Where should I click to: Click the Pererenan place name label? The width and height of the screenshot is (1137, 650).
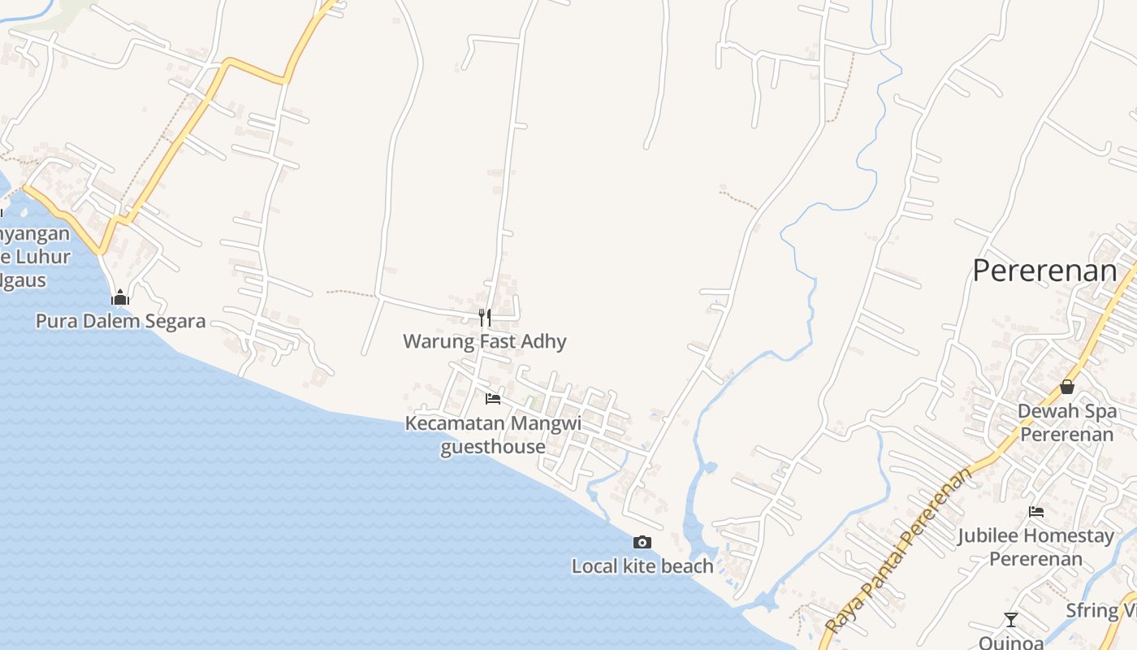(1044, 271)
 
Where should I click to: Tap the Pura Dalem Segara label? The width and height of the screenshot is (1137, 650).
(120, 321)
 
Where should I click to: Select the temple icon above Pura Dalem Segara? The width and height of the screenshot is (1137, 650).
(120, 298)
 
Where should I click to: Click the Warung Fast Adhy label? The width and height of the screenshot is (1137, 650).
(484, 341)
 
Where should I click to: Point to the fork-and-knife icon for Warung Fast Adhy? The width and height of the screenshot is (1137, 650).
(484, 317)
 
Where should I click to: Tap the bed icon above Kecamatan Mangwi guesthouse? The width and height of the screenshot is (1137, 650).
(492, 398)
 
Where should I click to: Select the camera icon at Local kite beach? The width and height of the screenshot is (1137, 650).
(642, 542)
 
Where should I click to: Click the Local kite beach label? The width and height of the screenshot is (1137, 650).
(642, 566)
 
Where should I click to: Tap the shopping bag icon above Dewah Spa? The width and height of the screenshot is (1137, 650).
(1067, 387)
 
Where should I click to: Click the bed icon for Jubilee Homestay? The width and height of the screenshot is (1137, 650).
(1035, 512)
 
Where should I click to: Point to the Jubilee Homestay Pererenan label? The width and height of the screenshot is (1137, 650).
(1035, 548)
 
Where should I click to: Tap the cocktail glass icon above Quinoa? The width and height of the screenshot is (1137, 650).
(1010, 620)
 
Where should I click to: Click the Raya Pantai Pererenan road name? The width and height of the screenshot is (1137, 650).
(898, 552)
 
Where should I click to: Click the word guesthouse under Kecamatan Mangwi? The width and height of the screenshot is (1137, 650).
(492, 447)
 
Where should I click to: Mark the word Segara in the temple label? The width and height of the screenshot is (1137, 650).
(175, 321)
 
